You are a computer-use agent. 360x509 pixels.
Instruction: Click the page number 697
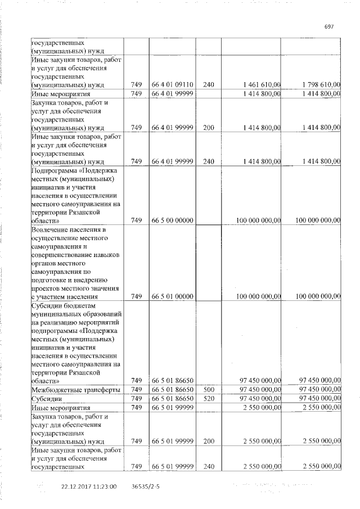(330, 26)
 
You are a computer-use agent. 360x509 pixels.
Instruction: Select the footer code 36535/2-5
(146, 487)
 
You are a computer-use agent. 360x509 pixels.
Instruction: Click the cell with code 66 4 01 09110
(173, 84)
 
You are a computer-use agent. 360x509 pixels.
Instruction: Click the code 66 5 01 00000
(173, 296)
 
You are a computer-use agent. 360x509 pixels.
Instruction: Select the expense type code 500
(209, 389)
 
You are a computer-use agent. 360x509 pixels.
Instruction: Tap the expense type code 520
(209, 398)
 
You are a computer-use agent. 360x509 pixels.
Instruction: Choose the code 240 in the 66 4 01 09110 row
(209, 84)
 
